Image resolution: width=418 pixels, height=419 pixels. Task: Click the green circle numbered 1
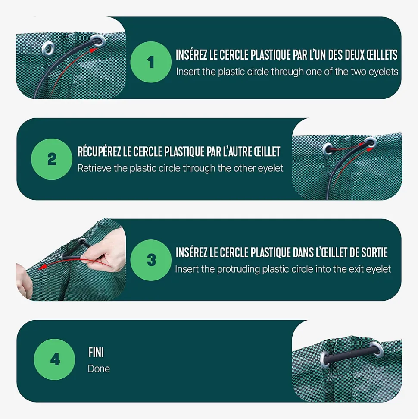151,62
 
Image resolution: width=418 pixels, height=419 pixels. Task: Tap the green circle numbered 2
52,159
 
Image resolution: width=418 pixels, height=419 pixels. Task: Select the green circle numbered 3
151,260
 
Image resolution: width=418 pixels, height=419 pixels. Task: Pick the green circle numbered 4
54,359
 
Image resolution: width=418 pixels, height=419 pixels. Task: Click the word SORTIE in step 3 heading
374,252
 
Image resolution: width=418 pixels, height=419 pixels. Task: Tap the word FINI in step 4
96,353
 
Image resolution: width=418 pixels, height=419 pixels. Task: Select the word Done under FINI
99,369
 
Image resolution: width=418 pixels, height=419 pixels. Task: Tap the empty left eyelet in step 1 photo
48,48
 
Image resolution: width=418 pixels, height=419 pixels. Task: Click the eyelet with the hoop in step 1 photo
98,41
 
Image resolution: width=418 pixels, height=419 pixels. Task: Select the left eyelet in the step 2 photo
328,148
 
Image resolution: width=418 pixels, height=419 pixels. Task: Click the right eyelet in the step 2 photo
371,142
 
